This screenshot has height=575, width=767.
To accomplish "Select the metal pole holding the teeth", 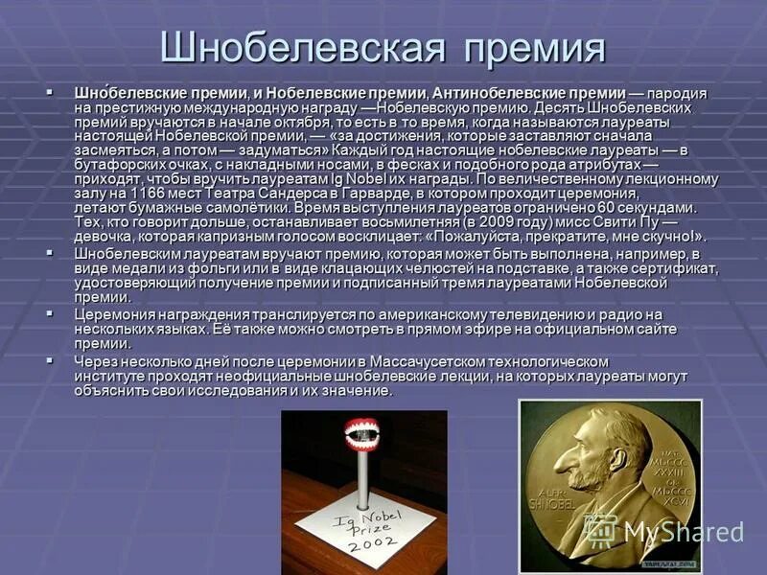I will point(365,489).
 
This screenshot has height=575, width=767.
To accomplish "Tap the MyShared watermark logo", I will point(683,532).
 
